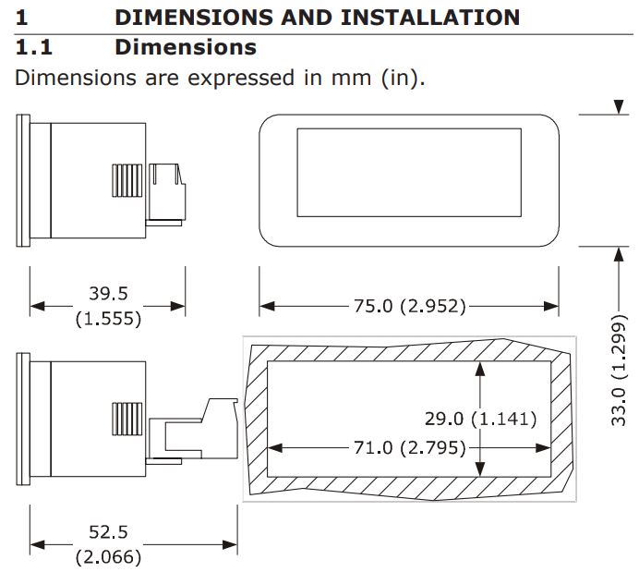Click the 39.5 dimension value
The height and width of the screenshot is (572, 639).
tap(108, 294)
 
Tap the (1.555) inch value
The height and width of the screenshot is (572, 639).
tap(108, 319)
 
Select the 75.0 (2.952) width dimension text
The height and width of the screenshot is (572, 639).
tap(410, 306)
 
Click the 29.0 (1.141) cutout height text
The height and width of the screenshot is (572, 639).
tap(480, 420)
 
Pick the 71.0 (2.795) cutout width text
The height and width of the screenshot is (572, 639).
tap(410, 447)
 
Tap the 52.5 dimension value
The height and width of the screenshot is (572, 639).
tap(108, 532)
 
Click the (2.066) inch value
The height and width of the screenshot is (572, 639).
tap(108, 557)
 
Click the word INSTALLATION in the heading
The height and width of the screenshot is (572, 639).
tap(430, 18)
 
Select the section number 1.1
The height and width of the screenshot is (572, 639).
tap(34, 47)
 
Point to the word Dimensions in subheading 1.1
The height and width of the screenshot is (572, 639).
tap(186, 47)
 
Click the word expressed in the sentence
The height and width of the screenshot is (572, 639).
tap(240, 78)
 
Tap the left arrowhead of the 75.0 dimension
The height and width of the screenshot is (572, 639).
tap(267, 306)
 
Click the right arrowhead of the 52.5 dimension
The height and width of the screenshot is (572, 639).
tap(230, 544)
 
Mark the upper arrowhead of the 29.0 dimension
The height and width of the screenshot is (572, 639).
tap(480, 369)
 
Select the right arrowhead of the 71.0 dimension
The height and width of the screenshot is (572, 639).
tap(543, 448)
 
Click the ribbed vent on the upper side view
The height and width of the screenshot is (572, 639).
tap(127, 180)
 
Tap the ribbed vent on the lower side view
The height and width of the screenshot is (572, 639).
tap(127, 420)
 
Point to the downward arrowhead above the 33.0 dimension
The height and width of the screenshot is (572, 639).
tap(619, 107)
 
